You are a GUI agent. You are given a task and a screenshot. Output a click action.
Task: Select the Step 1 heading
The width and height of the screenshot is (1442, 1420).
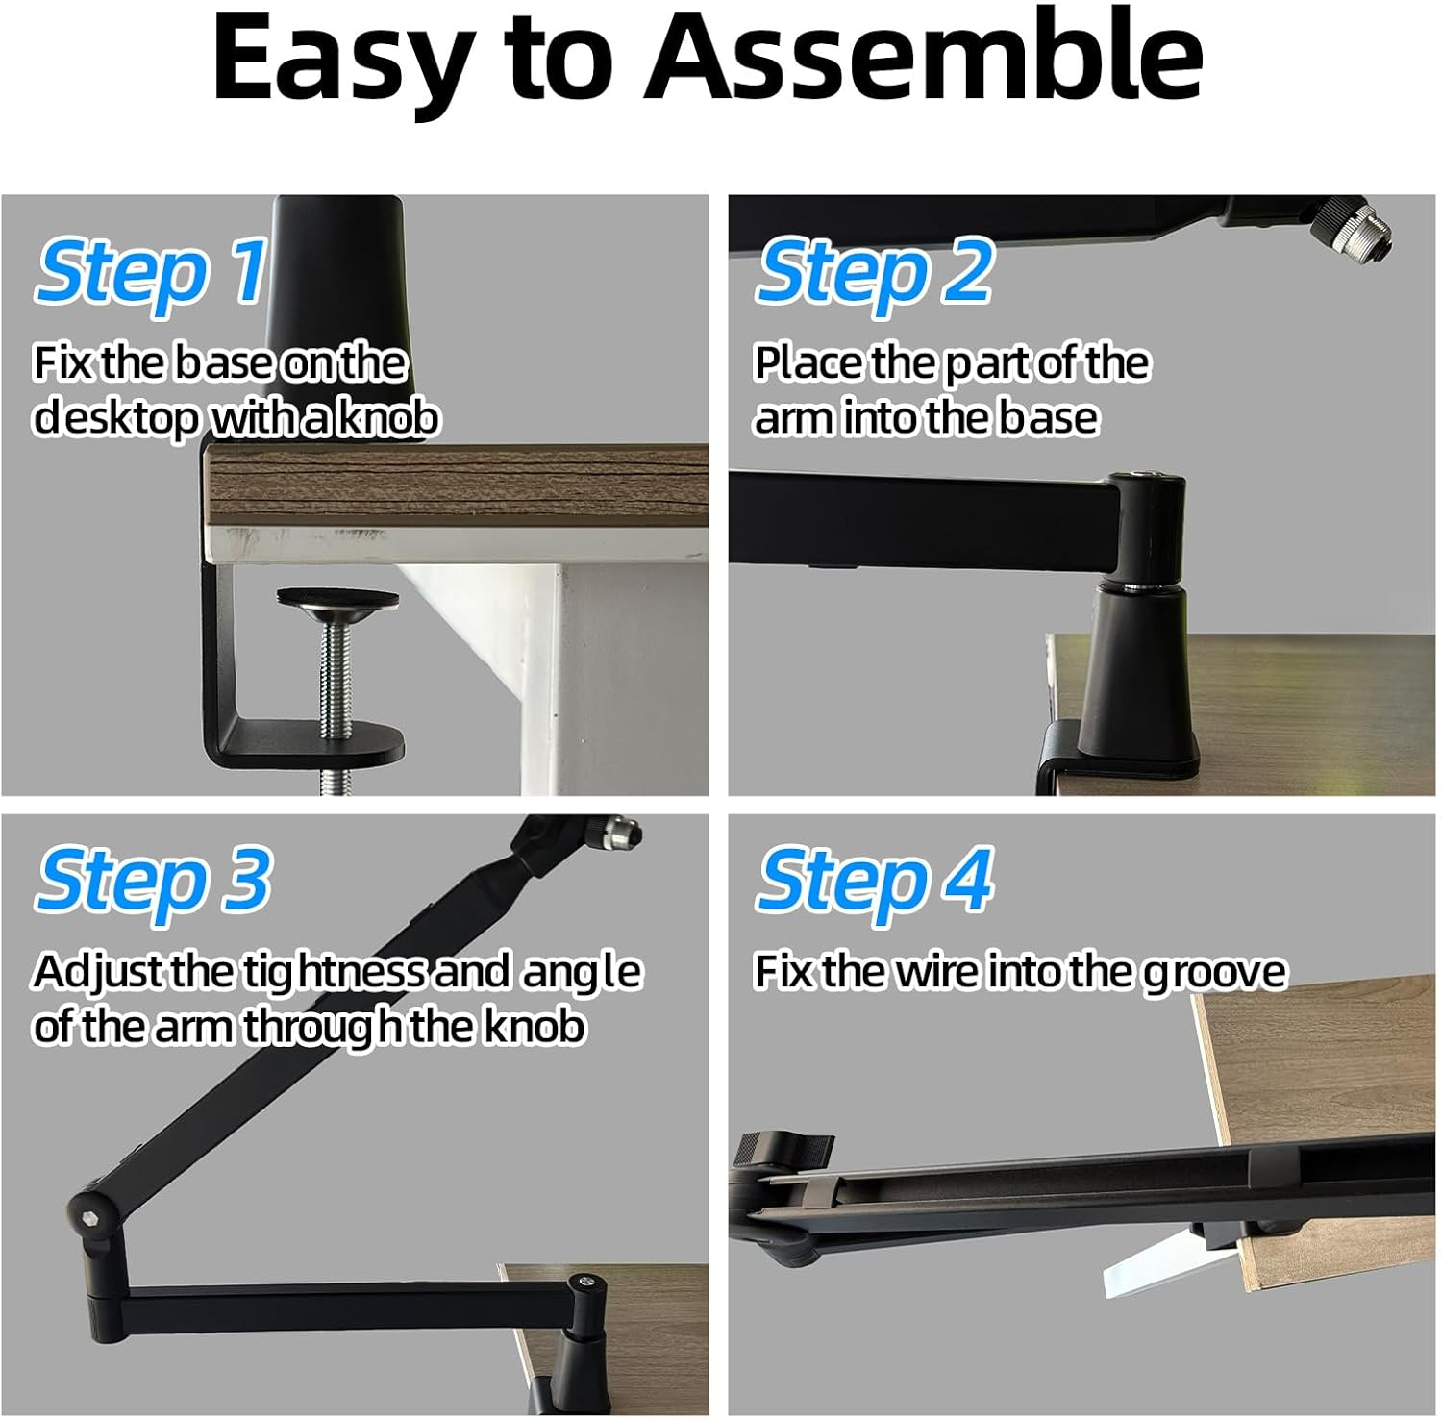[x=151, y=271]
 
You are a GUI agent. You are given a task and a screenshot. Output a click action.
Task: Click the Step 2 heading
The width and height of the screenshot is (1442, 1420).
[x=873, y=271]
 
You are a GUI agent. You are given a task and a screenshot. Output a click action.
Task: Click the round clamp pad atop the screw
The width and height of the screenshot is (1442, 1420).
[x=337, y=598]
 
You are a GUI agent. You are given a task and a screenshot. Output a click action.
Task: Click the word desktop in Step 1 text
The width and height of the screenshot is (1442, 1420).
[x=116, y=418]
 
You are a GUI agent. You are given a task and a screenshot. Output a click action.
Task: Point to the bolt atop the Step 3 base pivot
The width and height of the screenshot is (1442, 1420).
[x=584, y=1283]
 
